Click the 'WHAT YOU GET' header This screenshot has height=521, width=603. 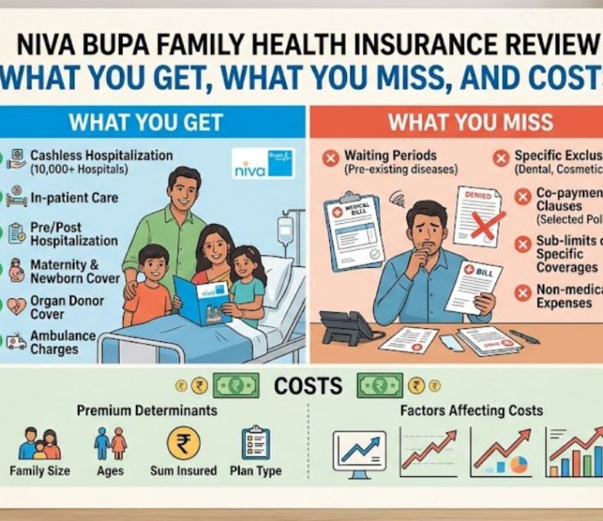[x=146, y=122]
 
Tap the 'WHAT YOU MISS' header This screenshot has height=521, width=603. [x=470, y=122]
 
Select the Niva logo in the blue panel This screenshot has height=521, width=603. [x=262, y=163]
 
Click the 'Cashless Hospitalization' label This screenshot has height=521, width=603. [x=101, y=155]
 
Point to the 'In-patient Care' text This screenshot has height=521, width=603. [x=74, y=197]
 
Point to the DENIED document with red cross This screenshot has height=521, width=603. [x=477, y=212]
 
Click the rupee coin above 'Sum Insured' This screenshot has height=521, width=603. [x=183, y=443]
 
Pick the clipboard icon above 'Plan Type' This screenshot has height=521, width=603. [x=256, y=443]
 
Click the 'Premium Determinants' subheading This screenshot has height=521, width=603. [x=147, y=410]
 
